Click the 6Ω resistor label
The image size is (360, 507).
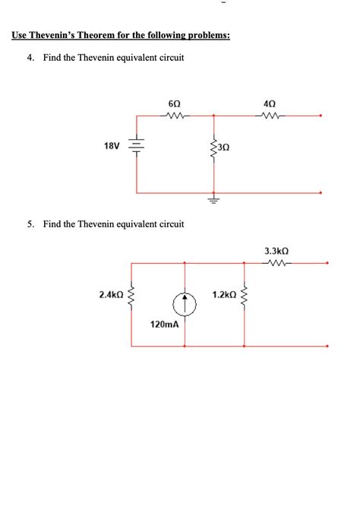(x=174, y=103)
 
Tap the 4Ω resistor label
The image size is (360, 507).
(x=270, y=103)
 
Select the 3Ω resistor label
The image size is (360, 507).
(x=223, y=149)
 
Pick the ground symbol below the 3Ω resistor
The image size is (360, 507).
(x=213, y=201)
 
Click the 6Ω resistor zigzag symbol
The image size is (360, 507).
(x=174, y=116)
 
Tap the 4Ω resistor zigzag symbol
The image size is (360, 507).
(x=270, y=116)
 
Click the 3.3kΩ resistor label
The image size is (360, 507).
(x=277, y=249)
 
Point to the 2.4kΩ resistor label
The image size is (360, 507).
(x=112, y=293)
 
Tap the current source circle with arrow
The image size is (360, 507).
(x=185, y=305)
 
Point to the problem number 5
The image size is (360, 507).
(x=29, y=224)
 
